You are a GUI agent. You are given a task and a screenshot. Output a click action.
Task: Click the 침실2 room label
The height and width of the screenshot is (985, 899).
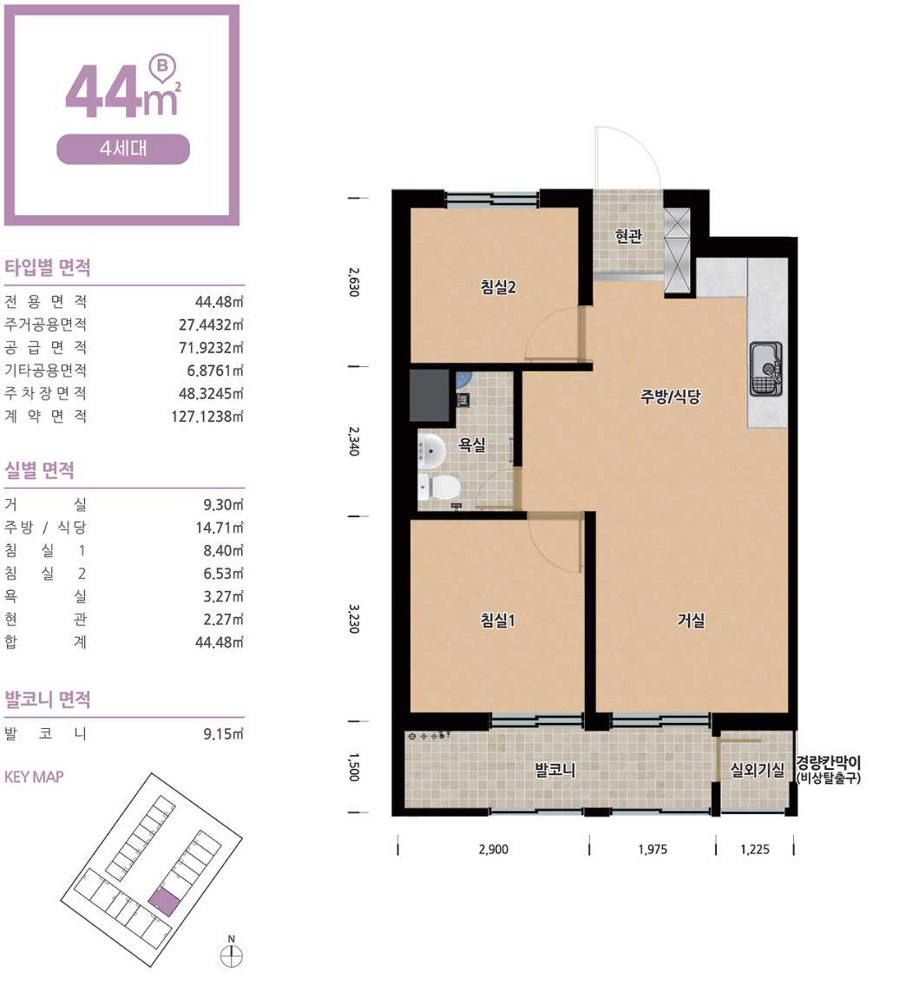498,287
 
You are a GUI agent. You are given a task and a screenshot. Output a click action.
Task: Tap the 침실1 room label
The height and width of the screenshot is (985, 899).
497,620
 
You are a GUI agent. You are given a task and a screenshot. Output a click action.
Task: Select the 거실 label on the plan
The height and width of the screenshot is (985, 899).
691,620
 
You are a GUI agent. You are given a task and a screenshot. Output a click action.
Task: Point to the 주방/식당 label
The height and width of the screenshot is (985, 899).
670,397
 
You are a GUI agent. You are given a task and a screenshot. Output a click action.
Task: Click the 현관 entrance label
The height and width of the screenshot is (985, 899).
628,235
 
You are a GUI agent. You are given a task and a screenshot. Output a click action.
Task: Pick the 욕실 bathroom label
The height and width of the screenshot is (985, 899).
471,444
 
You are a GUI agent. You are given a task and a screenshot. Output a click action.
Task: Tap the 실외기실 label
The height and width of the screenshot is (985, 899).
757,770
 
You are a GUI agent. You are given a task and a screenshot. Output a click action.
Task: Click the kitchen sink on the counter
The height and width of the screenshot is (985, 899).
766,369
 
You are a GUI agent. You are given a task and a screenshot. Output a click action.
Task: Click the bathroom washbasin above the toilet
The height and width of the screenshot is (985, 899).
431,450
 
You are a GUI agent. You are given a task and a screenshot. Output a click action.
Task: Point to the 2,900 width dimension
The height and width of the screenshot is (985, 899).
493,850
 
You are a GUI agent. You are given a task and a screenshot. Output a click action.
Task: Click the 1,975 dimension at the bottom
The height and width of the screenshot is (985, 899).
652,850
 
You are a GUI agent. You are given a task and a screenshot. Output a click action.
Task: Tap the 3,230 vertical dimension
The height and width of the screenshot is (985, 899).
354,619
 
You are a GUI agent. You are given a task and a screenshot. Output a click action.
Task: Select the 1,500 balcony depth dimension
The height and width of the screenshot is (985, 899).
354,767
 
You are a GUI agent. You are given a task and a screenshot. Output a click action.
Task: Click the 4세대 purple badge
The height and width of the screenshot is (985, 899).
123,149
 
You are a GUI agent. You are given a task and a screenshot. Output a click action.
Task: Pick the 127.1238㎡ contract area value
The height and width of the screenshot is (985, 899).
207,416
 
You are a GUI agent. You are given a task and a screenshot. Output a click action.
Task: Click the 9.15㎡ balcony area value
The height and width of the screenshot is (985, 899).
223,733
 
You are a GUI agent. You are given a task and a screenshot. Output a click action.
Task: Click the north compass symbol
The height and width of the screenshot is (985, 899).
231,955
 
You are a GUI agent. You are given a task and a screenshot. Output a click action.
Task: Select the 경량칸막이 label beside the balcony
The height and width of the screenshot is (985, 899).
829,763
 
